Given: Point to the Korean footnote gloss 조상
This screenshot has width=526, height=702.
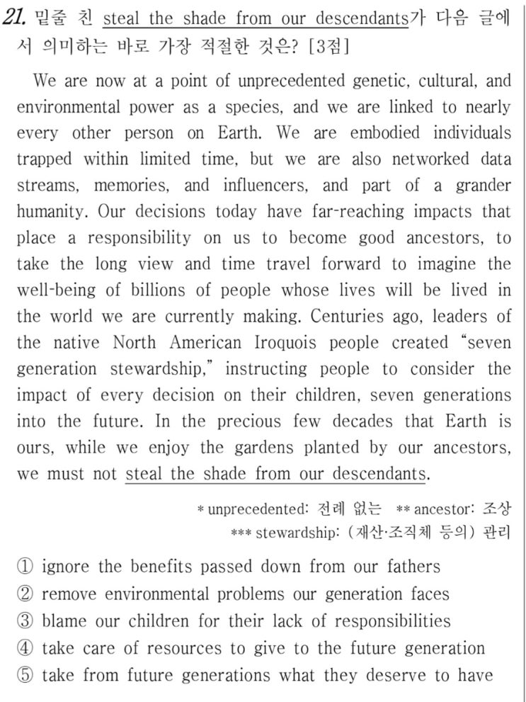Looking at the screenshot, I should [x=496, y=509].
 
